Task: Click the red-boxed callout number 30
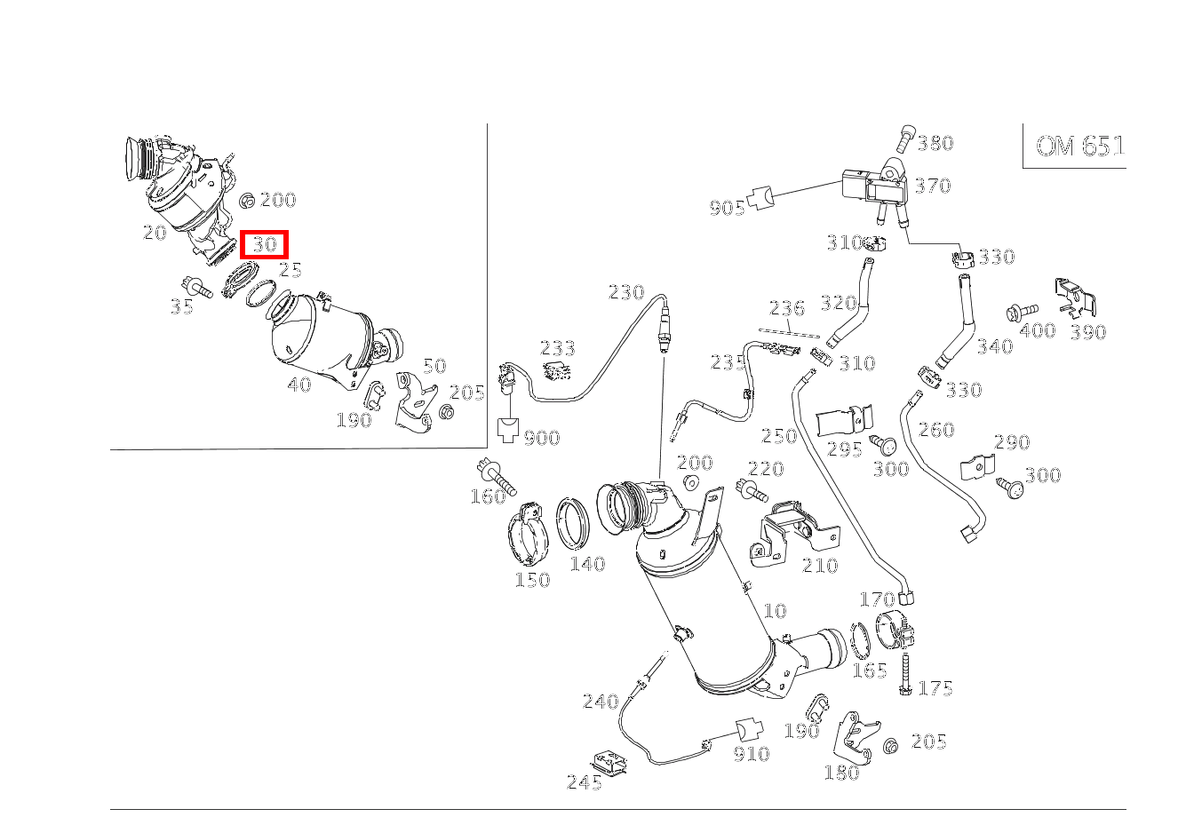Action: pos(265,244)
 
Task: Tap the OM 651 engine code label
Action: pos(1079,147)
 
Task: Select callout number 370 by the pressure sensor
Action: pos(933,186)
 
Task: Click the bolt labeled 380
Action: pos(905,138)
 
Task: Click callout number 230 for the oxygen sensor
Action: pos(625,293)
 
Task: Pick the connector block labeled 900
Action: pos(509,431)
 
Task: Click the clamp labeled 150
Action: pos(532,535)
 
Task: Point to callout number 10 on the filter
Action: pos(775,611)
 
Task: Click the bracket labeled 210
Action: pos(791,533)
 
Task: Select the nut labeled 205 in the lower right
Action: pos(891,746)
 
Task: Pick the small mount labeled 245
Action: pos(609,761)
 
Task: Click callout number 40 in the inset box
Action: pos(299,385)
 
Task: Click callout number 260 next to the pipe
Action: pos(935,430)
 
